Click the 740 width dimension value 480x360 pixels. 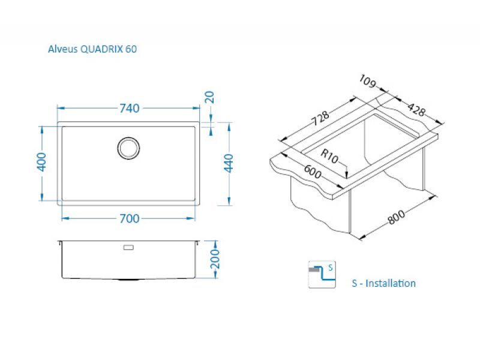130,109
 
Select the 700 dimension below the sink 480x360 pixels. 130,218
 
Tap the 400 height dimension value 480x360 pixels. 41,162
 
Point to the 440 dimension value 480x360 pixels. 228,163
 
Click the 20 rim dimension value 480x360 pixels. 209,97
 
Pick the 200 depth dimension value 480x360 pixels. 217,260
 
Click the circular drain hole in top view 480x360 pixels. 128,148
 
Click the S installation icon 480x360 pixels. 322,275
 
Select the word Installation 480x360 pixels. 391,283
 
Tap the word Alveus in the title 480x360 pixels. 62,49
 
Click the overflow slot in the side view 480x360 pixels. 128,247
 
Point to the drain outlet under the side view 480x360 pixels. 128,280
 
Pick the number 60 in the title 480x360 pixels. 131,49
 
